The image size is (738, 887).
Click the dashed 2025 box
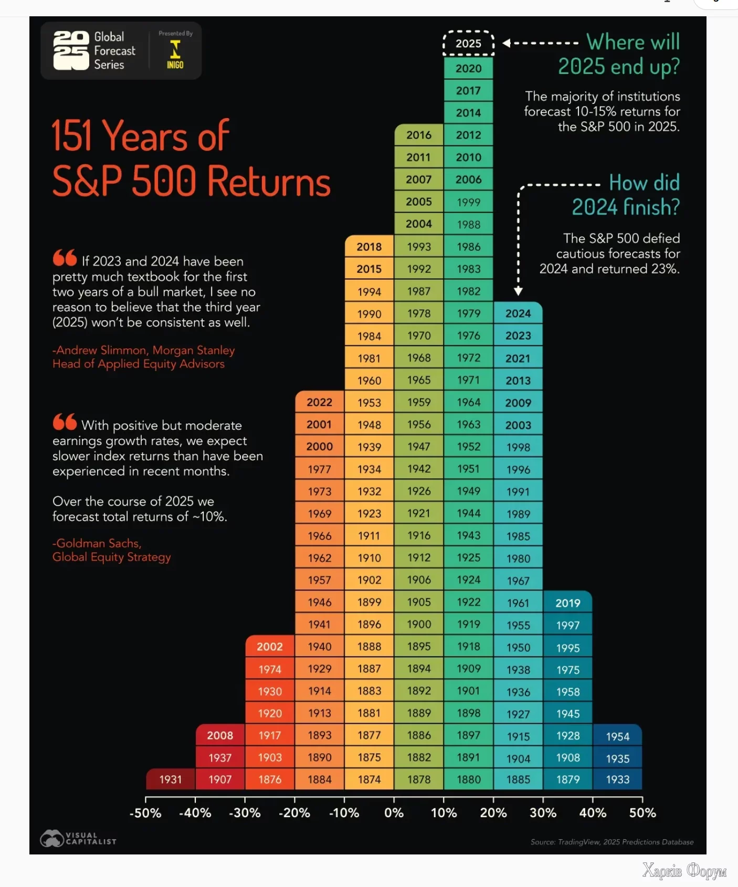468,44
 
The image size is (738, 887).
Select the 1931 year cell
171,779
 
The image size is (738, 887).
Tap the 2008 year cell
220,735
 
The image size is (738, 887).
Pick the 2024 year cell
518,313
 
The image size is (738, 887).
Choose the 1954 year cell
617,736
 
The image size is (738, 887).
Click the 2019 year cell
568,603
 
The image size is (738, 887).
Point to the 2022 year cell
319,402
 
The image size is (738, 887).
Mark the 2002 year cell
270,647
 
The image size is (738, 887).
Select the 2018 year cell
369,247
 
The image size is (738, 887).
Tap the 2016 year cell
419,135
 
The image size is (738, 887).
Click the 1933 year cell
617,779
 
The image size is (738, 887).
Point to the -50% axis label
145,813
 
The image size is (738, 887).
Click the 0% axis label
394,813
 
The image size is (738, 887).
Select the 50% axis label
642,813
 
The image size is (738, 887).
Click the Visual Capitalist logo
78,838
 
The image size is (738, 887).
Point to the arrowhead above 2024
518,291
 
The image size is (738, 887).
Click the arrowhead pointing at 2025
507,43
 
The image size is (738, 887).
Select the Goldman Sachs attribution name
98,543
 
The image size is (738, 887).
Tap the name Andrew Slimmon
102,350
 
